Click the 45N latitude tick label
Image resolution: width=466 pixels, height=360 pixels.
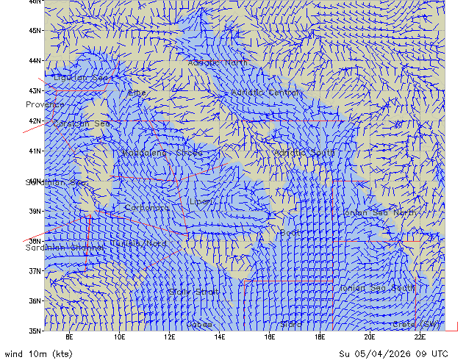coord(35,31)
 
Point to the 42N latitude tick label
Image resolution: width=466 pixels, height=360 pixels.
coord(35,121)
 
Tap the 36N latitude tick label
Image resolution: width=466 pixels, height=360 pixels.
coord(35,301)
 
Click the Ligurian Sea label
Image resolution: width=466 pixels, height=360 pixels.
coord(83,77)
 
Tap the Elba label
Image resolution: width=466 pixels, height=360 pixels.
coord(137,93)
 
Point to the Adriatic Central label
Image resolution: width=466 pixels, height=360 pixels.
coord(266,93)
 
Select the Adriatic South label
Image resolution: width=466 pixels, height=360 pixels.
coord(304,153)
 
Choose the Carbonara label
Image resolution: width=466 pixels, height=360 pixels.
coord(146,208)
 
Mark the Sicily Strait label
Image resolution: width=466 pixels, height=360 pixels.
coord(193,292)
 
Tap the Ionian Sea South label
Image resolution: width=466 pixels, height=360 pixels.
coord(377,288)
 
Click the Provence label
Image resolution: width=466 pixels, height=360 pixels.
coord(44,105)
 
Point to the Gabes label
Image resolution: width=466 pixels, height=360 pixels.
coord(199,324)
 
